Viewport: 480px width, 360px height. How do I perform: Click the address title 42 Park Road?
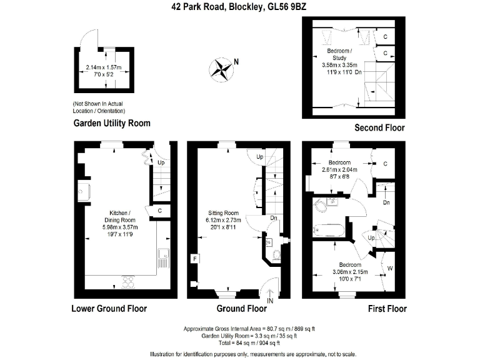coord(239,7)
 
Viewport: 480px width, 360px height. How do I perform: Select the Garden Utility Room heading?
coord(112,123)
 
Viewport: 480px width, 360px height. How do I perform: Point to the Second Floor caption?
coord(379,127)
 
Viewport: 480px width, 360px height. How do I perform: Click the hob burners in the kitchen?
coord(130,282)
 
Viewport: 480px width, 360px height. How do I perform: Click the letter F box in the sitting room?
coord(195,258)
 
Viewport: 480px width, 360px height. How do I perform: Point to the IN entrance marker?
coord(270,300)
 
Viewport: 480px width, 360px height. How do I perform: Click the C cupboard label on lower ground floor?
coord(160,211)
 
